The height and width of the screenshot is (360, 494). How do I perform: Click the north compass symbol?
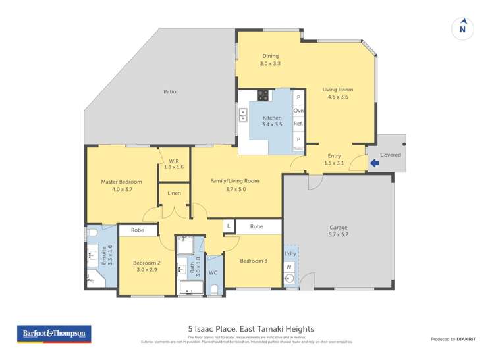point(462,28)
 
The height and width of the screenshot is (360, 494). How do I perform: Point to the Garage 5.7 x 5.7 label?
point(339,232)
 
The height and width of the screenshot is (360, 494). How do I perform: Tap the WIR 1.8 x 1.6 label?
point(175,164)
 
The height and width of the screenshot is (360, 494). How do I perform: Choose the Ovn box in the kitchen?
point(298,111)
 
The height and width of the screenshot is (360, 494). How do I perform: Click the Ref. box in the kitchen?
point(298,124)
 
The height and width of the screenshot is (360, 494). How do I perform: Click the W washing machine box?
point(288,267)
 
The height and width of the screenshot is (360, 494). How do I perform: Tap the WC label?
point(213,272)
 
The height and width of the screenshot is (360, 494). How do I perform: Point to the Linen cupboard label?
point(174,193)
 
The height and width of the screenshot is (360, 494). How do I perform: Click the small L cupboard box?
point(228,226)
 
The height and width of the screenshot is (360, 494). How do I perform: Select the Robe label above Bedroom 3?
point(257,226)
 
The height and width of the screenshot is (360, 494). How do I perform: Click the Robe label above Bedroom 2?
point(137,230)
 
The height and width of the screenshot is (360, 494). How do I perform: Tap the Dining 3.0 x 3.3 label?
point(270,60)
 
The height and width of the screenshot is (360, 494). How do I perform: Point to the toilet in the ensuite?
point(92,233)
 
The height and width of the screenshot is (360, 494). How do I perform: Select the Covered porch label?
point(391,155)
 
